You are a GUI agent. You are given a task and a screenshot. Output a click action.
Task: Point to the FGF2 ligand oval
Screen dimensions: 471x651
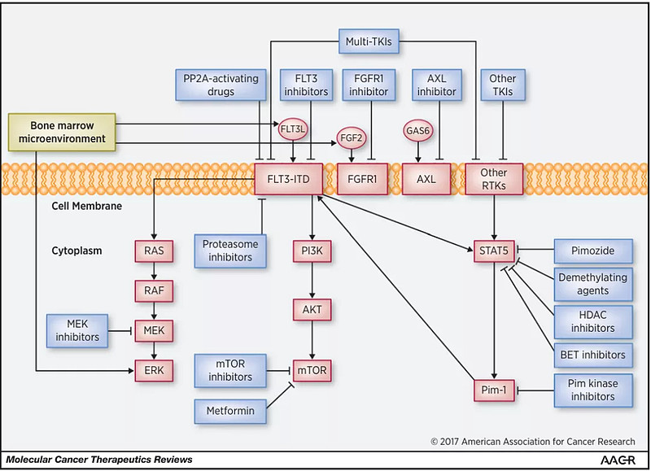(352, 139)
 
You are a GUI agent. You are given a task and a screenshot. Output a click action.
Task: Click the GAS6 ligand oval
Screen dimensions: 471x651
(417, 129)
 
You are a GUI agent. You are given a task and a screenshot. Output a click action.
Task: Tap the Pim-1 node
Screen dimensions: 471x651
(494, 390)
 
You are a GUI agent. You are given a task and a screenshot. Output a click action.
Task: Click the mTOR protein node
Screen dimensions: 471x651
(312, 370)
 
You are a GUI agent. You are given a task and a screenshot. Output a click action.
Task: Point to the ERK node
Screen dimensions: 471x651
(154, 370)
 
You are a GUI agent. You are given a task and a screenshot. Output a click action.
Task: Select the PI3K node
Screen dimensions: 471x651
(312, 250)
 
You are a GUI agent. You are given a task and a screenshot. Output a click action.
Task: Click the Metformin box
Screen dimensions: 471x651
(229, 411)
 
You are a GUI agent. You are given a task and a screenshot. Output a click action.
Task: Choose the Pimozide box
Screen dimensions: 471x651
(592, 250)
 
